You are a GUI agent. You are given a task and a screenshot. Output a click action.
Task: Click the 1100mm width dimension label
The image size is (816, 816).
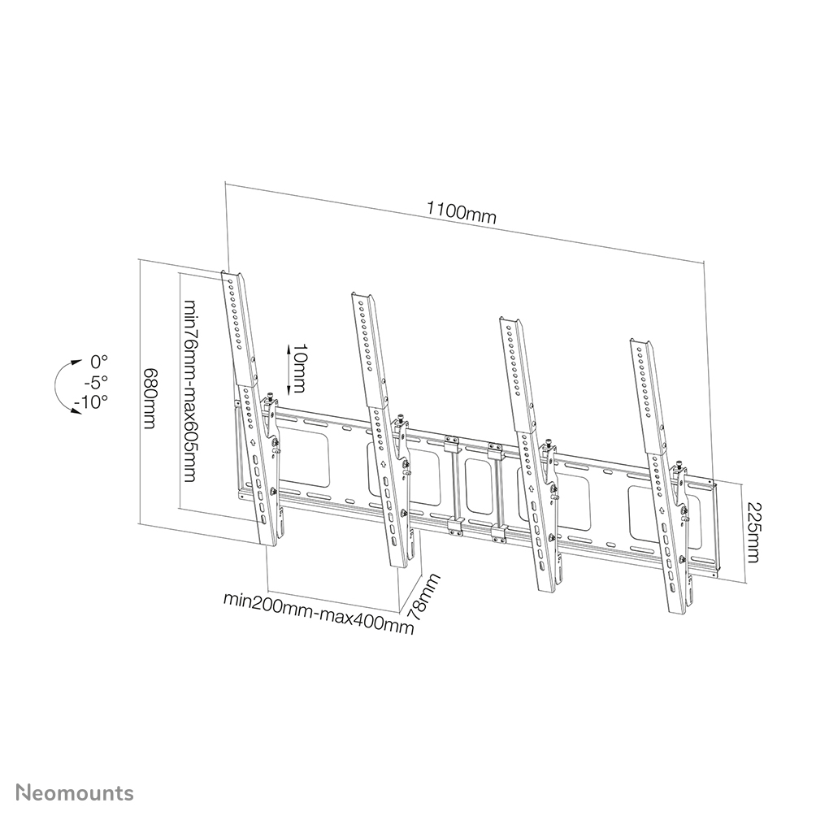[x=461, y=214]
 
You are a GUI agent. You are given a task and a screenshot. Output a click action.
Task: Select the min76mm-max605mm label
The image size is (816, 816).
[x=190, y=390]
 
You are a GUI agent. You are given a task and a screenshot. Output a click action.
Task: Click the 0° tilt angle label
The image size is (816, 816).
[x=99, y=360]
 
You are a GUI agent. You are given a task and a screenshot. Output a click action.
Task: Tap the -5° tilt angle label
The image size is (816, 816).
[x=97, y=381]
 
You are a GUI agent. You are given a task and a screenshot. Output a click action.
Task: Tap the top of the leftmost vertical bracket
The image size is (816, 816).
[x=232, y=276]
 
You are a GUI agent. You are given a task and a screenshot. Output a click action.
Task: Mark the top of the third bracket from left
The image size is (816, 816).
[x=508, y=321]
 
